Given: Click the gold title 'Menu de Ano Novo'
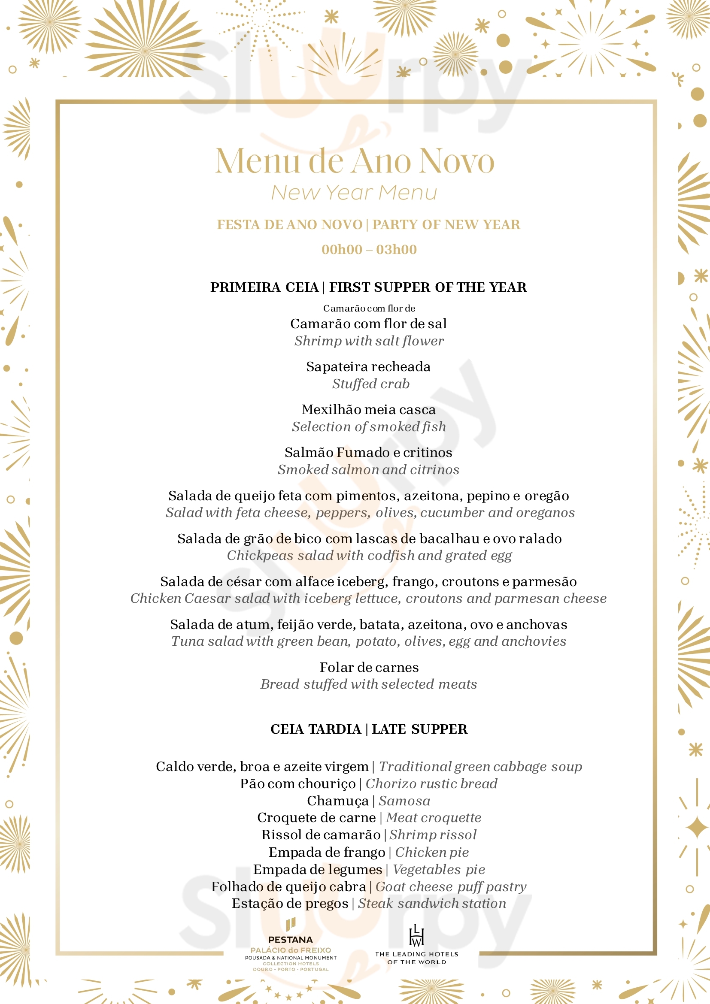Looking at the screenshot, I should [354, 161].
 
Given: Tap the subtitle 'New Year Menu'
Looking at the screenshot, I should [354, 192].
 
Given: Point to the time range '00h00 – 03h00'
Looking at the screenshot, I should [369, 249].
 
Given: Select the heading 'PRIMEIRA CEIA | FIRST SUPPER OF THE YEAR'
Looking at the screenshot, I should [368, 287].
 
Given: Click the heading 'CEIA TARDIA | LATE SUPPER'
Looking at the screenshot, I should [369, 729].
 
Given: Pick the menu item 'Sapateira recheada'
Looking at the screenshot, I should [368, 366].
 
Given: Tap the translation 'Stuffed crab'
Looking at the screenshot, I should [370, 384].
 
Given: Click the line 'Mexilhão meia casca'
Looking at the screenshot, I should [368, 409].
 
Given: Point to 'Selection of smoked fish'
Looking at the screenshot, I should [369, 426].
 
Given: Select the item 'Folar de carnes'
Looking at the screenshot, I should [369, 667].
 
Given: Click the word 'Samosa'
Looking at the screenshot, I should [404, 801].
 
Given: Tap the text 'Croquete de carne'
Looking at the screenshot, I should [316, 817].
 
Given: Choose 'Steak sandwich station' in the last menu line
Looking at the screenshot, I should [432, 903].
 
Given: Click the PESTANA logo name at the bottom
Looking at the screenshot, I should [291, 939].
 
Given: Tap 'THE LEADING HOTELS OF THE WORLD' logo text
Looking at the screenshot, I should [416, 958].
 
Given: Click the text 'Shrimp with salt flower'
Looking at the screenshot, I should [369, 341].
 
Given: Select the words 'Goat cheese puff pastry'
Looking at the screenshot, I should [451, 886].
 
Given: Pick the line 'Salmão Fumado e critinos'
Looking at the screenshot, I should [368, 452].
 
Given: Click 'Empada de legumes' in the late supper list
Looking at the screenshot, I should [318, 869].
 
